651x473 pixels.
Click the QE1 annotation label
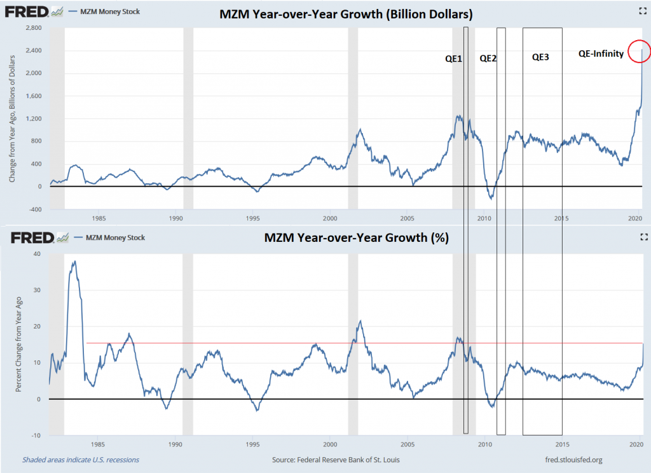point(453,59)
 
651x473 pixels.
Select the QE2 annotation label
point(488,59)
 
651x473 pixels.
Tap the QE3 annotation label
point(540,57)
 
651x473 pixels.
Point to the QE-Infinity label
point(601,54)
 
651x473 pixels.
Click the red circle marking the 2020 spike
point(638,52)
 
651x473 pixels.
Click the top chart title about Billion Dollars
point(346,13)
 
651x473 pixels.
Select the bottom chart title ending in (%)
point(356,238)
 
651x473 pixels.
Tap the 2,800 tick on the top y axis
point(33,28)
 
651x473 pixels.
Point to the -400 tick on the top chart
point(34,209)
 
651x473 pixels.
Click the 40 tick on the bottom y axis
point(37,254)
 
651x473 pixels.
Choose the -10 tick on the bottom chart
point(36,435)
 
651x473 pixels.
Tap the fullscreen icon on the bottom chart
point(642,237)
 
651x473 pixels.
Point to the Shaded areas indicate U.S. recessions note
point(81,460)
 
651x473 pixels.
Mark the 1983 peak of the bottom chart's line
point(74,261)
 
